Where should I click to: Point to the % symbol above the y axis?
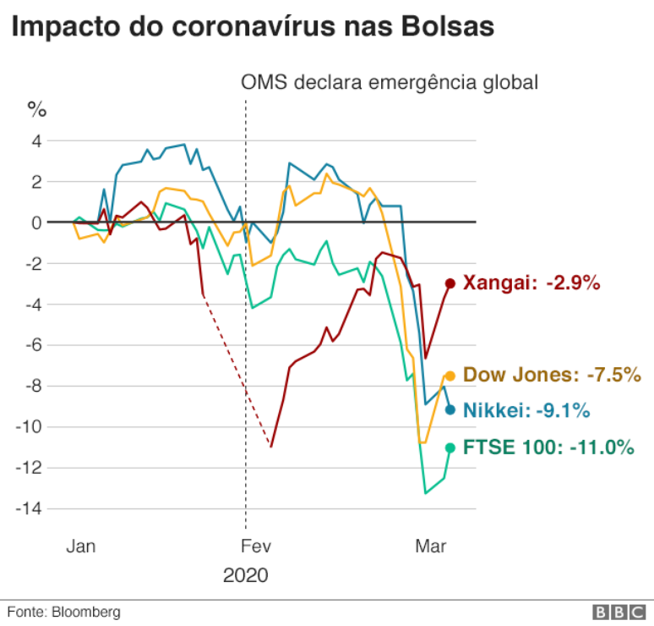pyautogui.click(x=37, y=109)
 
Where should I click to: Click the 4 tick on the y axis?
pyautogui.click(x=36, y=140)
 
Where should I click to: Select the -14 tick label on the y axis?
pyautogui.click(x=30, y=508)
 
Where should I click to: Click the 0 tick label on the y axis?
pyautogui.click(x=36, y=222)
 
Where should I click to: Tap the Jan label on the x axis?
pyautogui.click(x=81, y=546)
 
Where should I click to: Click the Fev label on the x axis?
pyautogui.click(x=255, y=546)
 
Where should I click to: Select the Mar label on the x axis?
pyautogui.click(x=431, y=546)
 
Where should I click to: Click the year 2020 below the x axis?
pyautogui.click(x=245, y=576)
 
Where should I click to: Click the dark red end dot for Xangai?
pyautogui.click(x=450, y=283)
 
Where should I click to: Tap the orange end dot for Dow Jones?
pyautogui.click(x=450, y=375)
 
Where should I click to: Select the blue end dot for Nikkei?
pyautogui.click(x=450, y=409)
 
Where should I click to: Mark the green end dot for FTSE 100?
pyautogui.click(x=450, y=448)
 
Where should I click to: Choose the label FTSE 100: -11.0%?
pyautogui.click(x=549, y=448)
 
